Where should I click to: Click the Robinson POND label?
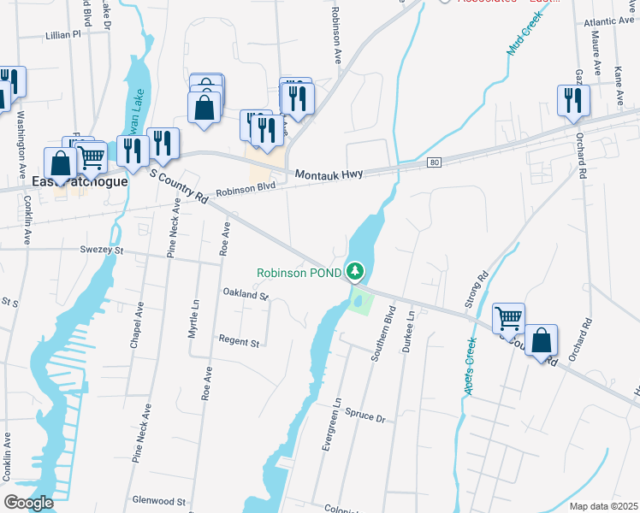(299, 274)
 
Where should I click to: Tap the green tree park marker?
(356, 272)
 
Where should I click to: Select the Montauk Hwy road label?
(329, 174)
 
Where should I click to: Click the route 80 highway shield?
(435, 162)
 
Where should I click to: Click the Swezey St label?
(102, 251)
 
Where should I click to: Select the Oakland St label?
(246, 296)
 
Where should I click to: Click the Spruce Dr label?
(365, 416)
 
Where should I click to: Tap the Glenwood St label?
(159, 500)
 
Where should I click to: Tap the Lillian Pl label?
(62, 35)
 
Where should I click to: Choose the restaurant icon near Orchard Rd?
(572, 101)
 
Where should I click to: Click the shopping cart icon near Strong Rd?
(509, 318)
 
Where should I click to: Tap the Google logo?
(29, 503)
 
